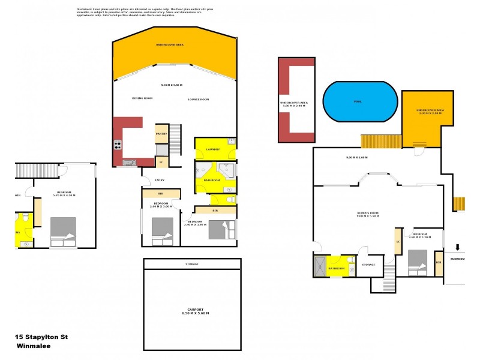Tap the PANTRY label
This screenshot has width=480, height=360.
pos(161,134)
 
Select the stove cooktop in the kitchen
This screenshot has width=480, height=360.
pos(118,145)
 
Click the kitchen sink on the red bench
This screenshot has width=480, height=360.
pos(128,162)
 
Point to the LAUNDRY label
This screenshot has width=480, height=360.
pos(213,149)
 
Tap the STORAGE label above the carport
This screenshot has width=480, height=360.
pos(191,264)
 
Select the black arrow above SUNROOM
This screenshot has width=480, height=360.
pos(458,247)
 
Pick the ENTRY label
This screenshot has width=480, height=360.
pos(159,180)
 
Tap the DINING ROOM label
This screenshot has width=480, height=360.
pos(142,98)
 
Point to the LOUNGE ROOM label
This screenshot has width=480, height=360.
pos(198,98)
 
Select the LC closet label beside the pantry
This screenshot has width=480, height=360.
pos(160,161)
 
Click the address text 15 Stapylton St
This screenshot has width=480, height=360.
pos(41,337)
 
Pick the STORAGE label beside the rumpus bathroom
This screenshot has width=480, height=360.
pos(368,265)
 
